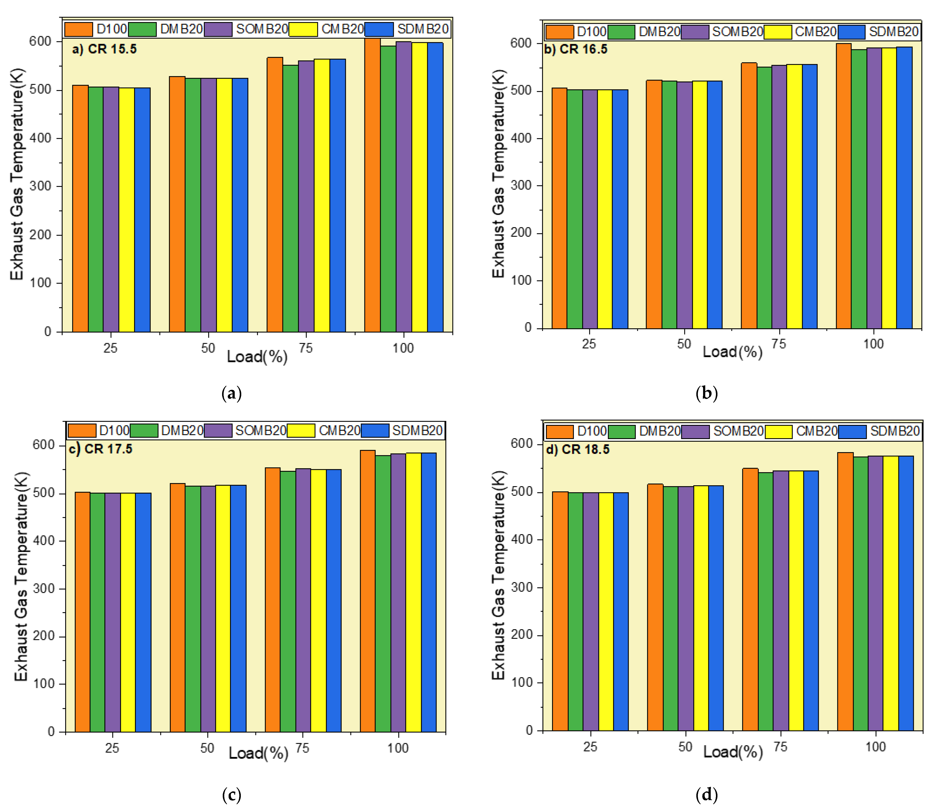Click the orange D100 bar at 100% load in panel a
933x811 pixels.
[x=372, y=186]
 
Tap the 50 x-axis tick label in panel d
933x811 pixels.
[x=685, y=747]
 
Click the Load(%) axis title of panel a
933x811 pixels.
[x=257, y=357]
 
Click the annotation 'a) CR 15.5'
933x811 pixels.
[x=104, y=49]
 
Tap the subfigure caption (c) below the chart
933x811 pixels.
[x=232, y=795]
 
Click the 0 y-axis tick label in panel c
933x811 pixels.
[x=51, y=732]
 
